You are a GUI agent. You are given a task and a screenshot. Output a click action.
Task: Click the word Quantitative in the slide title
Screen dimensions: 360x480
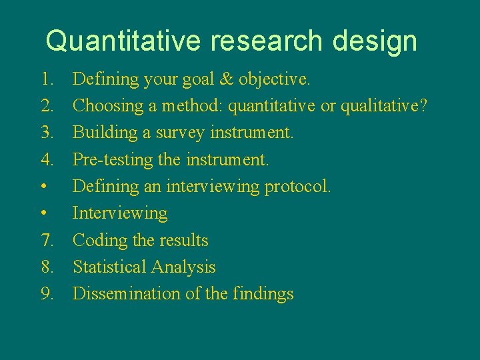coord(123,41)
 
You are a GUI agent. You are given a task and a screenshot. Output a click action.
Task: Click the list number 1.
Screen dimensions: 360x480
coord(47,79)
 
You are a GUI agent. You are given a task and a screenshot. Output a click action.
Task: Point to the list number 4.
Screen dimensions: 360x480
coord(47,159)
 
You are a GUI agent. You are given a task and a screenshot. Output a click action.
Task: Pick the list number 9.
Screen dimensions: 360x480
coord(47,293)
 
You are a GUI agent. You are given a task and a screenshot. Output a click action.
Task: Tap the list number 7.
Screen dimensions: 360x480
coord(47,240)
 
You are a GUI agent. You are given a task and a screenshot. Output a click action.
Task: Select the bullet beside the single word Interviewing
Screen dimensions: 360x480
coord(43,214)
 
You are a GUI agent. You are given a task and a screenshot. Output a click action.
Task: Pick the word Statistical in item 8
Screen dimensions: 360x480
coord(109,267)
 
